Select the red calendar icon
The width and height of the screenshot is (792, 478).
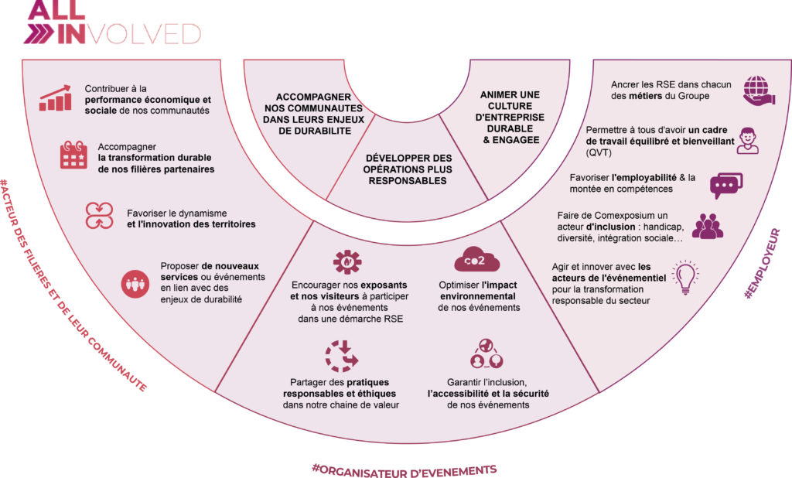(74, 155)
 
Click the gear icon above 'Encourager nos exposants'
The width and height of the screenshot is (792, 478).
(347, 262)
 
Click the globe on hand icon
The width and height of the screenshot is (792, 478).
(756, 89)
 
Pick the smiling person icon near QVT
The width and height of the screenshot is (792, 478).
(749, 140)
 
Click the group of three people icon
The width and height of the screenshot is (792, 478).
(707, 225)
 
